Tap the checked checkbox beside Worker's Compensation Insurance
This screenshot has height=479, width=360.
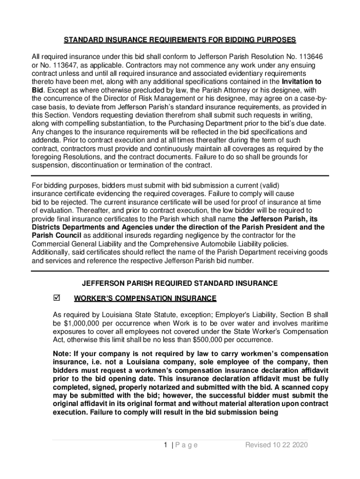[58, 298]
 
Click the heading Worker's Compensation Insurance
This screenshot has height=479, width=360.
[145, 298]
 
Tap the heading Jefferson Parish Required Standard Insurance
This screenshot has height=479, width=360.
[180, 283]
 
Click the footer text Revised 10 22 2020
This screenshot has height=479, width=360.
[277, 445]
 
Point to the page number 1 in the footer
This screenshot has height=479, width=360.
[166, 445]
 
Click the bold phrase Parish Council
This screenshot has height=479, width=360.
[57, 235]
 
